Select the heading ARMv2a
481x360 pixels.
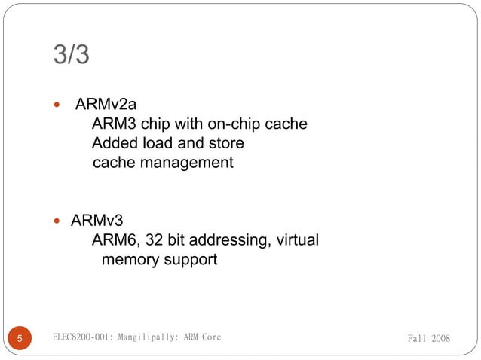pos(106,104)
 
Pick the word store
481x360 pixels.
pos(224,143)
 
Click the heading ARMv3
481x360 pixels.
pos(97,221)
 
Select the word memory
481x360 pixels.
pos(130,260)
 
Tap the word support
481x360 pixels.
pos(191,260)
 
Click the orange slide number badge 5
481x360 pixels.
pos(20,338)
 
